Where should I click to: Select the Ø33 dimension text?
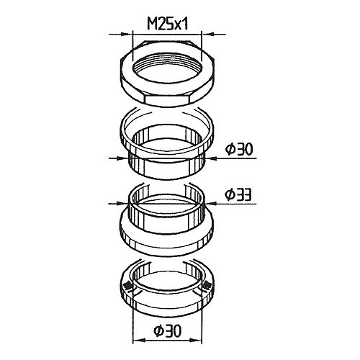click(x=238, y=194)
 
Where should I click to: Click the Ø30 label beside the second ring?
click(x=239, y=149)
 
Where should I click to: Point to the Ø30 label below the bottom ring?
click(x=168, y=331)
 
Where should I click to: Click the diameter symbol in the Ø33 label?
click(x=230, y=194)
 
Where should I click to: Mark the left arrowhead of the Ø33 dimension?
click(x=122, y=204)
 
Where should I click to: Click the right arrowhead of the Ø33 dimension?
click(x=212, y=204)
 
